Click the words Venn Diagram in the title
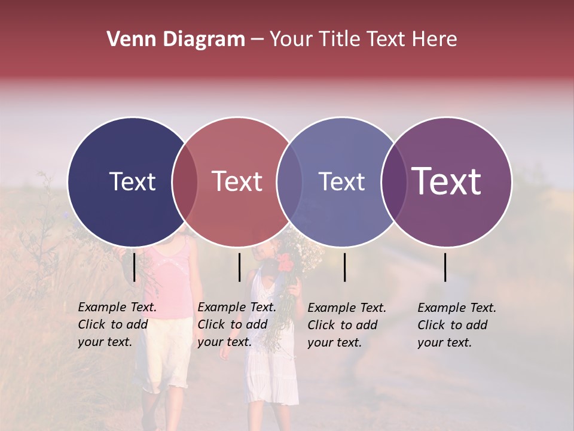pos(176,40)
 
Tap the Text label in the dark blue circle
pos(132,182)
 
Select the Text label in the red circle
pos(237,182)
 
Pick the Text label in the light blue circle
pos(341,182)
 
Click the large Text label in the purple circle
pos(447,181)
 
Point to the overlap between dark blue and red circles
pos(185,182)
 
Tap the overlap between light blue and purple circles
pos(394,182)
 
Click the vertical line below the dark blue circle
pos(134,267)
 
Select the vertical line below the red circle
pos(239,267)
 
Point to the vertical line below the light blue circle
pos(345,267)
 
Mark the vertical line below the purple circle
pos(445,267)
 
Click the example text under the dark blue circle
pos(117,324)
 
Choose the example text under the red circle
pos(237,324)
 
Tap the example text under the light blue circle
pos(347,325)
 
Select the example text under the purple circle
pos(457,325)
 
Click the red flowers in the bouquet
pos(285,262)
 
